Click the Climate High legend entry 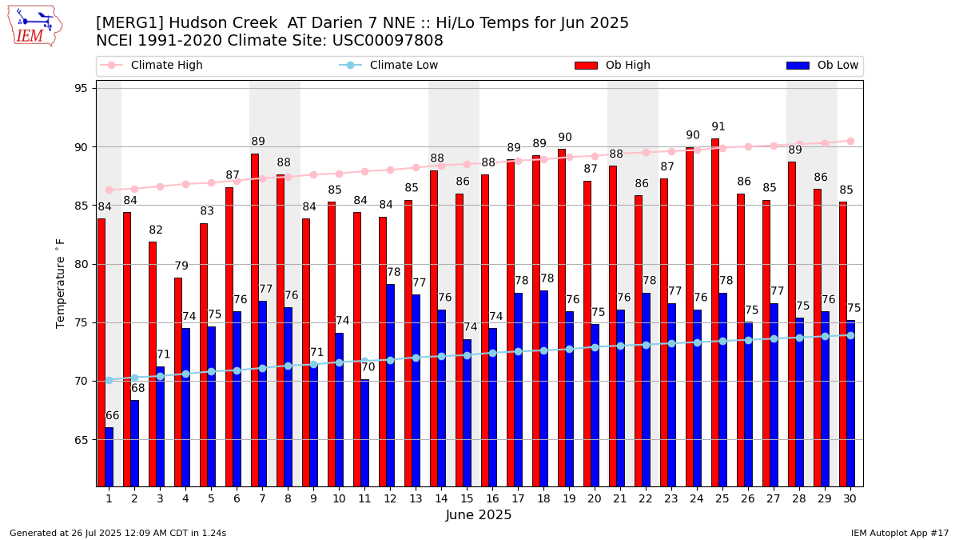pyautogui.click(x=166, y=66)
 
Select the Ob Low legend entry pyautogui.click(x=837, y=66)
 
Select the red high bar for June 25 pyautogui.click(x=715, y=312)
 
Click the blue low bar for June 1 pyautogui.click(x=109, y=457)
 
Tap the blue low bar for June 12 pyautogui.click(x=390, y=385)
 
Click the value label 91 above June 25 pyautogui.click(x=718, y=127)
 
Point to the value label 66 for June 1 pyautogui.click(x=113, y=416)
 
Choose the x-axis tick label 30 pyautogui.click(x=850, y=498)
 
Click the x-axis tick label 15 pyautogui.click(x=467, y=498)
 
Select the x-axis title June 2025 pyautogui.click(x=479, y=515)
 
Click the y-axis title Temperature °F pyautogui.click(x=61, y=282)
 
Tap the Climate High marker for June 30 pyautogui.click(x=850, y=141)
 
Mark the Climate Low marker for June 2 pyautogui.click(x=134, y=378)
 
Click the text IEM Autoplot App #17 pyautogui.click(x=899, y=533)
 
